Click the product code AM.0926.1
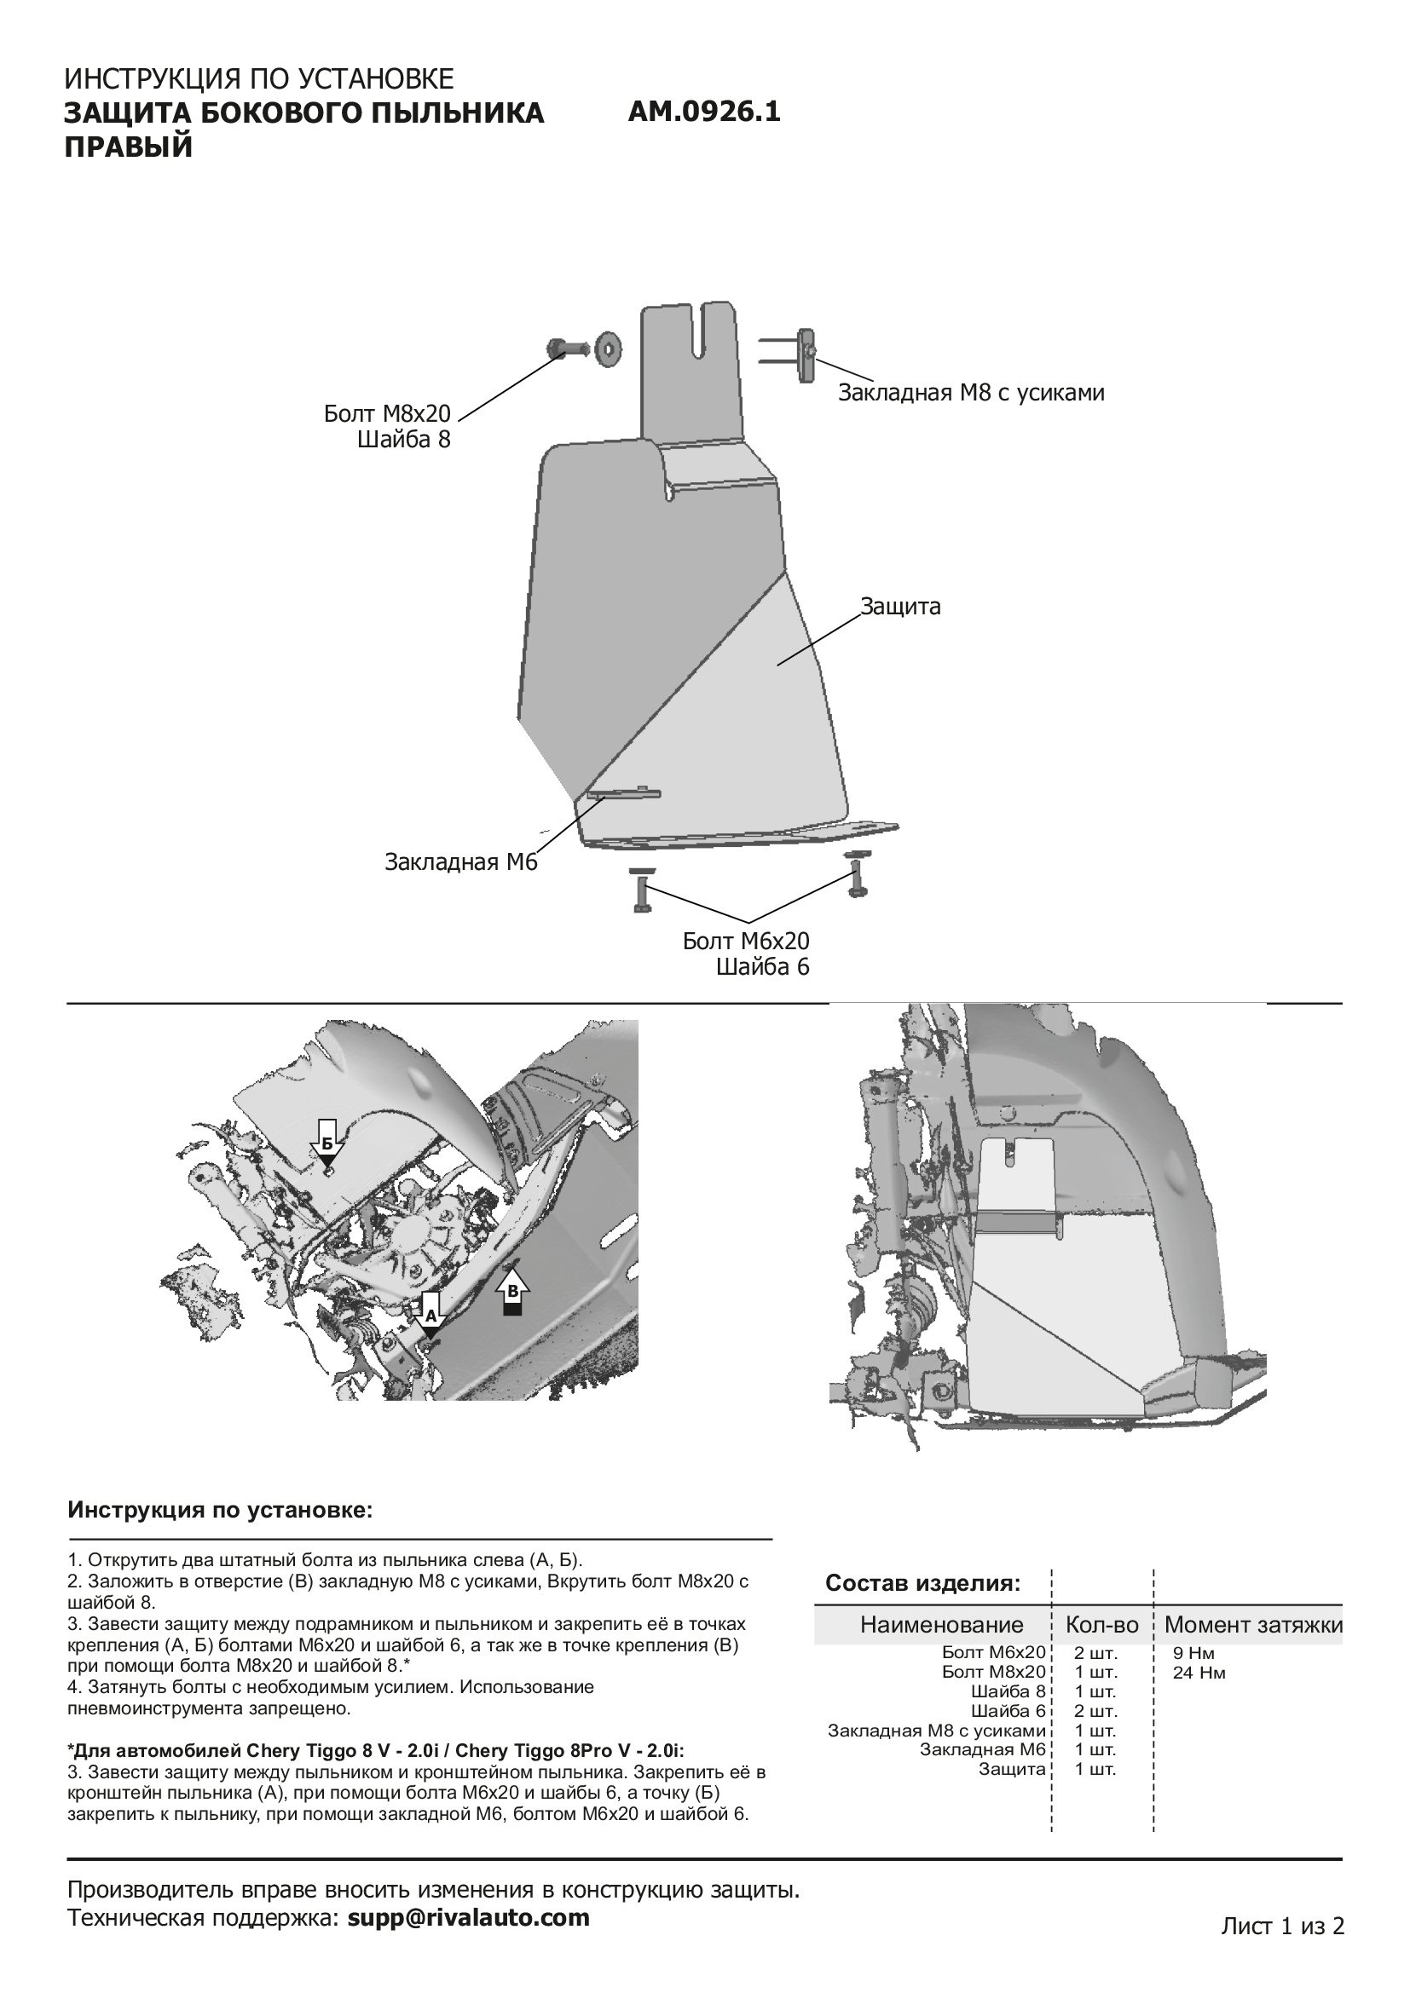703,112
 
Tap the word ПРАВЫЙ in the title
129,147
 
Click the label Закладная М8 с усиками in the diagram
971,393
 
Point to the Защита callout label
900,607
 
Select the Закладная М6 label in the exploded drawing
461,863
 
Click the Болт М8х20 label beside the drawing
387,414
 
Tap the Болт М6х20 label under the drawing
746,941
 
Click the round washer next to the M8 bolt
608,349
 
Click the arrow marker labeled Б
327,1147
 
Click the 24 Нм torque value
1199,1673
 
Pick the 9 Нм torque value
1193,1654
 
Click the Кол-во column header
1101,1625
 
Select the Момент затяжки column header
1253,1625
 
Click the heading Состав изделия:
923,1583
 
